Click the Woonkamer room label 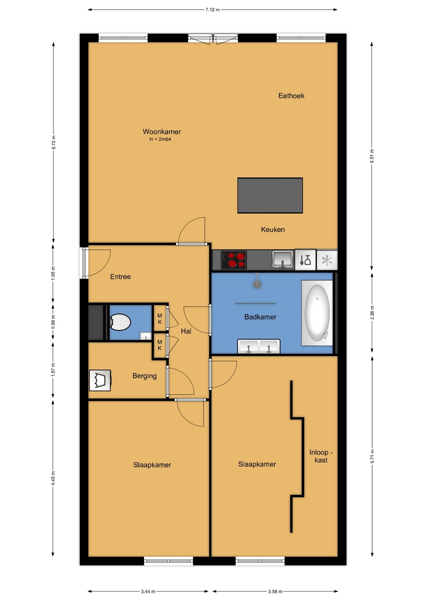[x=162, y=131]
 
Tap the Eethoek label [x=291, y=96]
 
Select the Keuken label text [x=273, y=230]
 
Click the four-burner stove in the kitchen [x=234, y=260]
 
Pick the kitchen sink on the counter [x=283, y=260]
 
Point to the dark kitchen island [x=270, y=195]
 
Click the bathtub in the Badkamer [x=317, y=313]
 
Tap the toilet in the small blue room [x=120, y=322]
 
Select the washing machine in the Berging [x=100, y=380]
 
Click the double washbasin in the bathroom [x=259, y=346]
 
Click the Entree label [x=121, y=277]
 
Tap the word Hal [x=186, y=331]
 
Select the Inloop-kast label [x=321, y=456]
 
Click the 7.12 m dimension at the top [x=212, y=10]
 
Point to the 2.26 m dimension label [x=372, y=313]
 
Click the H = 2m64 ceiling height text [x=160, y=139]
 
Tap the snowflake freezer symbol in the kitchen [x=327, y=260]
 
